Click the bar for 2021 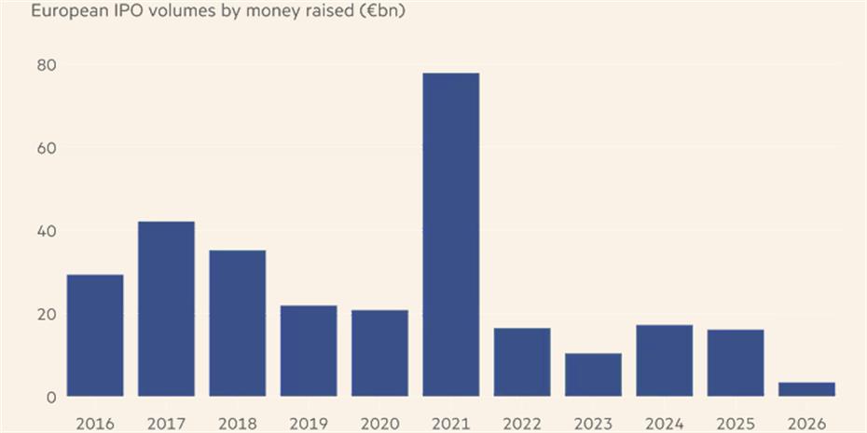(x=450, y=235)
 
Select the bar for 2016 (x=95, y=335)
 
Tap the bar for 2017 (x=166, y=308)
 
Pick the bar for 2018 (x=237, y=323)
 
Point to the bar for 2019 (x=309, y=350)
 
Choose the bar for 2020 (x=379, y=353)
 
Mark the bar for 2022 (x=522, y=361)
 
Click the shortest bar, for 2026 (x=806, y=389)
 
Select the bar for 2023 (x=593, y=374)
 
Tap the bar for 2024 (x=664, y=360)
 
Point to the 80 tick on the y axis (x=47, y=65)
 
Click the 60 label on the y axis (x=47, y=148)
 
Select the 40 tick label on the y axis (x=47, y=231)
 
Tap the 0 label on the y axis (x=51, y=398)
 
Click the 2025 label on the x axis (x=736, y=424)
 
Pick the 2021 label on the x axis (x=450, y=424)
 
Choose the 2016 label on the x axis (x=95, y=424)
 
